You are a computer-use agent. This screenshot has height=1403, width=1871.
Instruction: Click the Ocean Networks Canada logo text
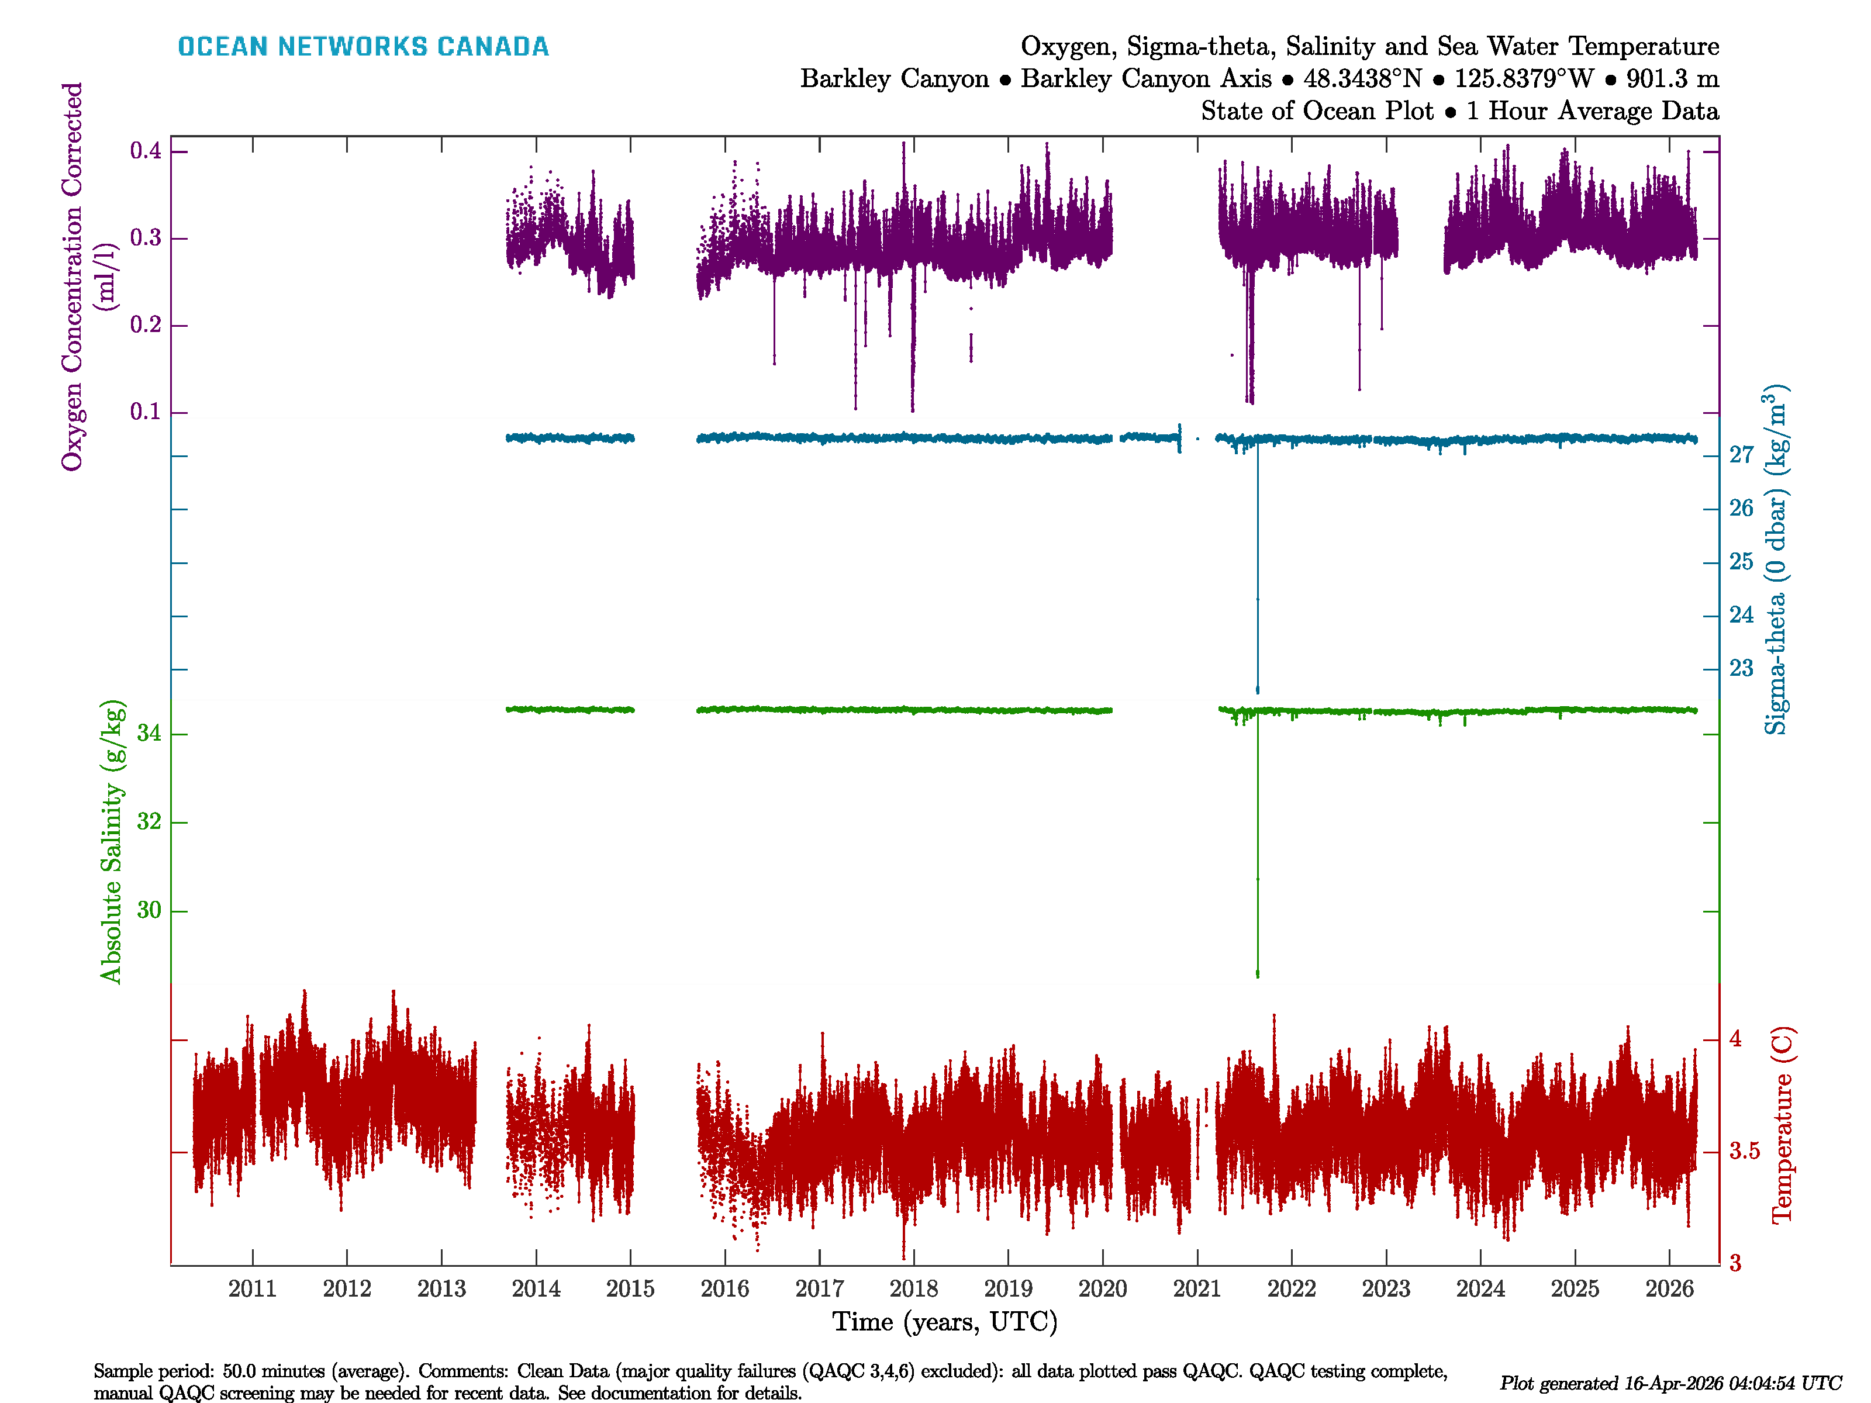(363, 47)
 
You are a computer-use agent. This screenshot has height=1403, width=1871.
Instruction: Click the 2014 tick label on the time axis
(536, 1289)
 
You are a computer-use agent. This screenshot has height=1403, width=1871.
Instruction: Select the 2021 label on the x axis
(1197, 1289)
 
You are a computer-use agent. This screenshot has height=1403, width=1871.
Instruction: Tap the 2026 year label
(1669, 1289)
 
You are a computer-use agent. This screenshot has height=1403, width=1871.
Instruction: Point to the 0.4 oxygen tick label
(146, 151)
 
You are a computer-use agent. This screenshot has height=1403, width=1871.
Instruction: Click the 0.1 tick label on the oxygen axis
(146, 412)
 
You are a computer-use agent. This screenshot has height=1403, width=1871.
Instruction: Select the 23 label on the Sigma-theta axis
(1741, 669)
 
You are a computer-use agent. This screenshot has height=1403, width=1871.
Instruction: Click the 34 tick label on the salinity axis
(149, 733)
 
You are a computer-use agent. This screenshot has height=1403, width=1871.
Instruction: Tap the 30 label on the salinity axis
(149, 911)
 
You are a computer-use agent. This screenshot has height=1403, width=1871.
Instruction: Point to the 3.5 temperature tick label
(1744, 1151)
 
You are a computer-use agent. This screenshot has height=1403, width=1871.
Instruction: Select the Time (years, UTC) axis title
(945, 1322)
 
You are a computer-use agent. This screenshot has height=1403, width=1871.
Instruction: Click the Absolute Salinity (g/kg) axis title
(112, 841)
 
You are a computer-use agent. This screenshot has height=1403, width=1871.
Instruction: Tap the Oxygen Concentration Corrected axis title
(73, 276)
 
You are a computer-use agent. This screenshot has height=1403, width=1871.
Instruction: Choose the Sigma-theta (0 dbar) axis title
(1776, 560)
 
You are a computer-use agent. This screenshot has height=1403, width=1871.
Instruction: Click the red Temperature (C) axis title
(1782, 1125)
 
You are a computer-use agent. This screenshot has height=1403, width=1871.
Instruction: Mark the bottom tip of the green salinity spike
(1258, 976)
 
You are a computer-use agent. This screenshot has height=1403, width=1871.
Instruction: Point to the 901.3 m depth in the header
(1672, 79)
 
